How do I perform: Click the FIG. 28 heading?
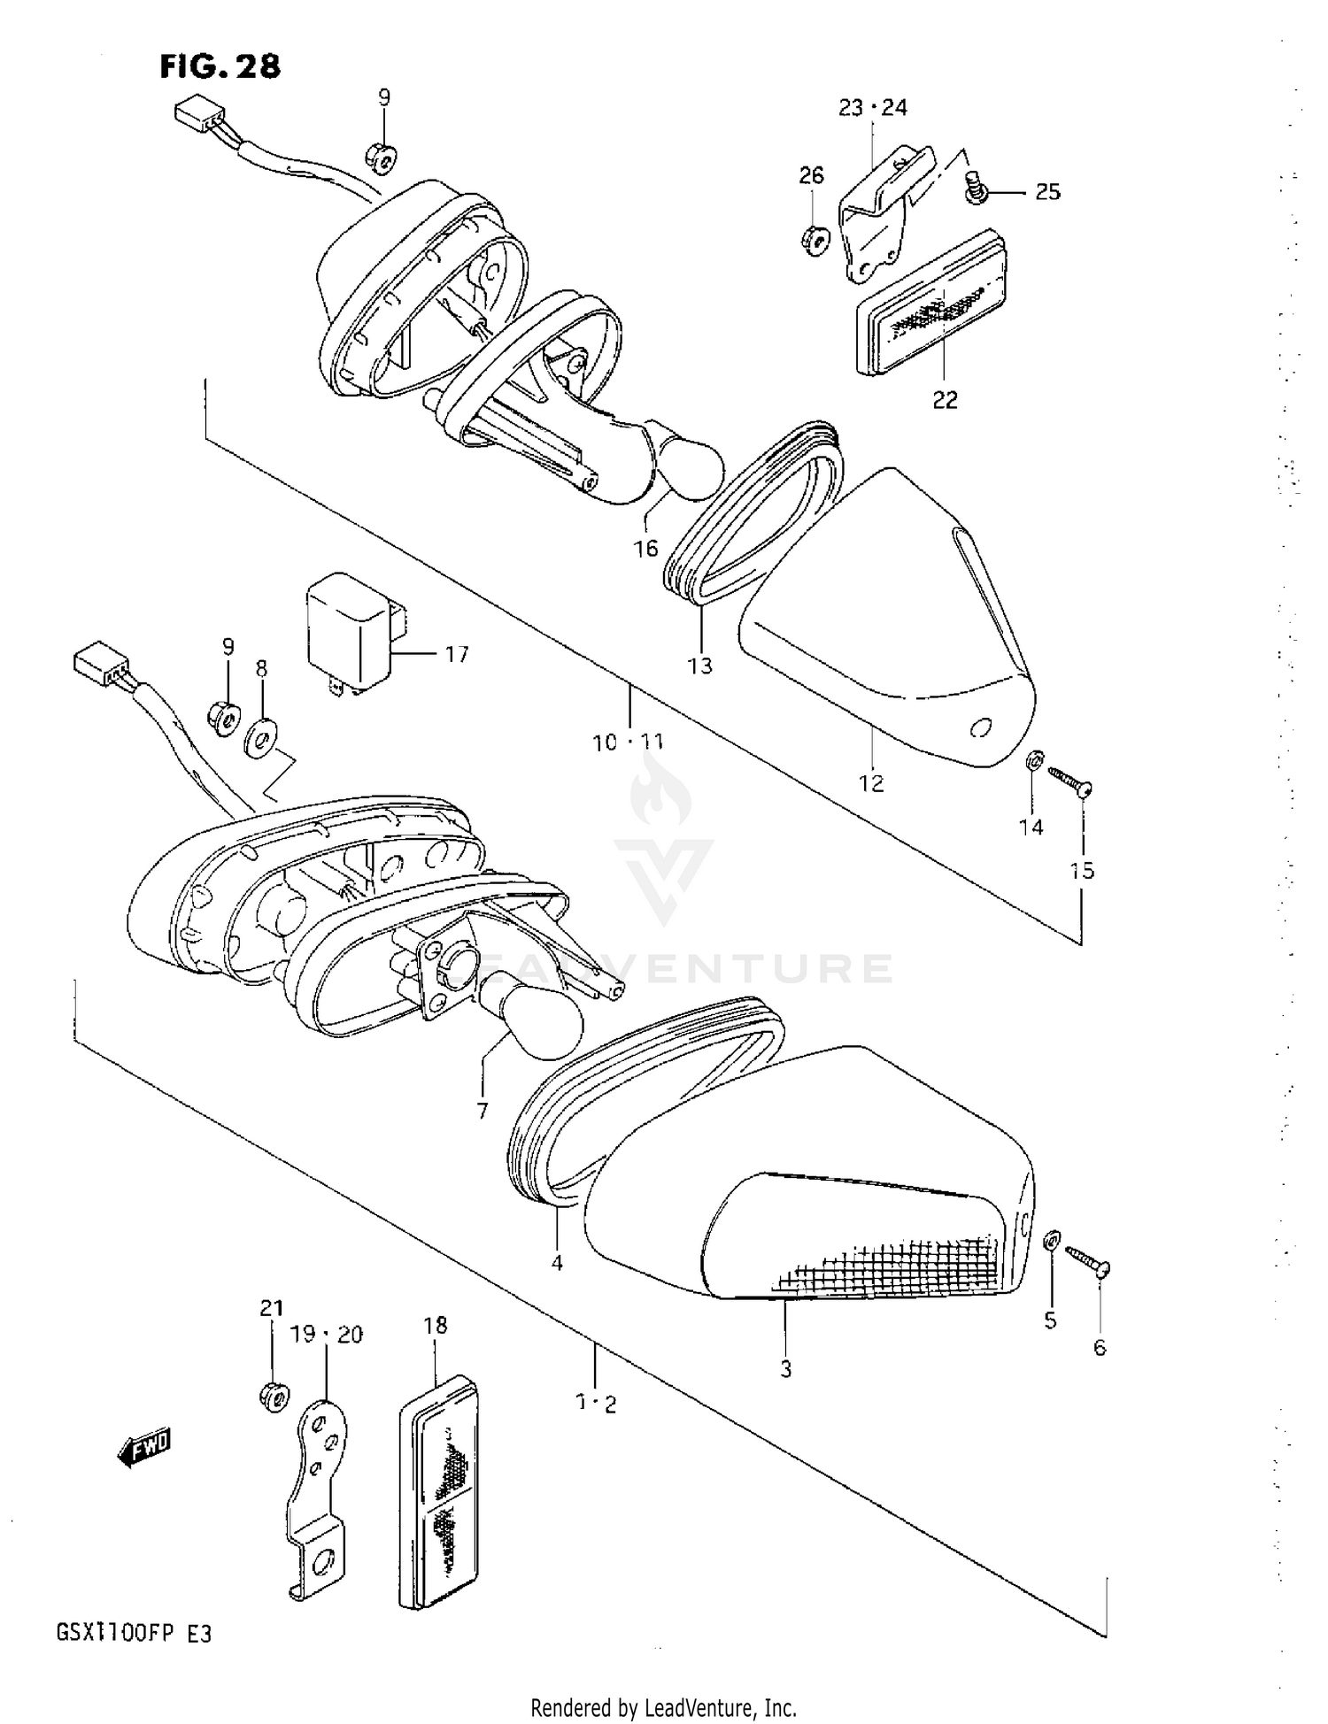(220, 66)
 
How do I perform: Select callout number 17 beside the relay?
(457, 655)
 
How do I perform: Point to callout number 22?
(945, 401)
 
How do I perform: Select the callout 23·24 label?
(873, 108)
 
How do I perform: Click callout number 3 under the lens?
(785, 1369)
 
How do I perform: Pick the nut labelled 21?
(274, 1397)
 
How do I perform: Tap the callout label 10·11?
(629, 743)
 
